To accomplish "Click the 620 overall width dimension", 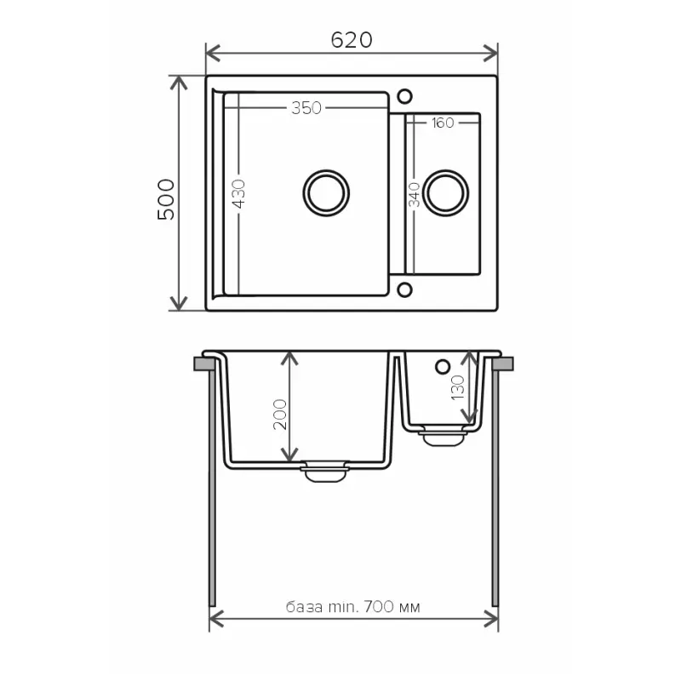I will (x=352, y=40).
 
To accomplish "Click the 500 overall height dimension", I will (x=166, y=199).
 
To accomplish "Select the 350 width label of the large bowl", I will (x=306, y=108).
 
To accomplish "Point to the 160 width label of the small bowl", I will (x=442, y=123).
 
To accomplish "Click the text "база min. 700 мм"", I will (x=353, y=607).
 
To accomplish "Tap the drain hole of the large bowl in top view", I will (x=326, y=191).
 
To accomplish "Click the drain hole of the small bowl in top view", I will (x=446, y=191).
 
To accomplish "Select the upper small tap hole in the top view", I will (x=404, y=94).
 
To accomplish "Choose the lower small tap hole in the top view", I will (x=404, y=290).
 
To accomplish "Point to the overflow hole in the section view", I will (x=441, y=367).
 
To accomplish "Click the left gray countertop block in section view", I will (x=203, y=364).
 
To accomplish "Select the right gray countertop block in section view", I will (x=503, y=364).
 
